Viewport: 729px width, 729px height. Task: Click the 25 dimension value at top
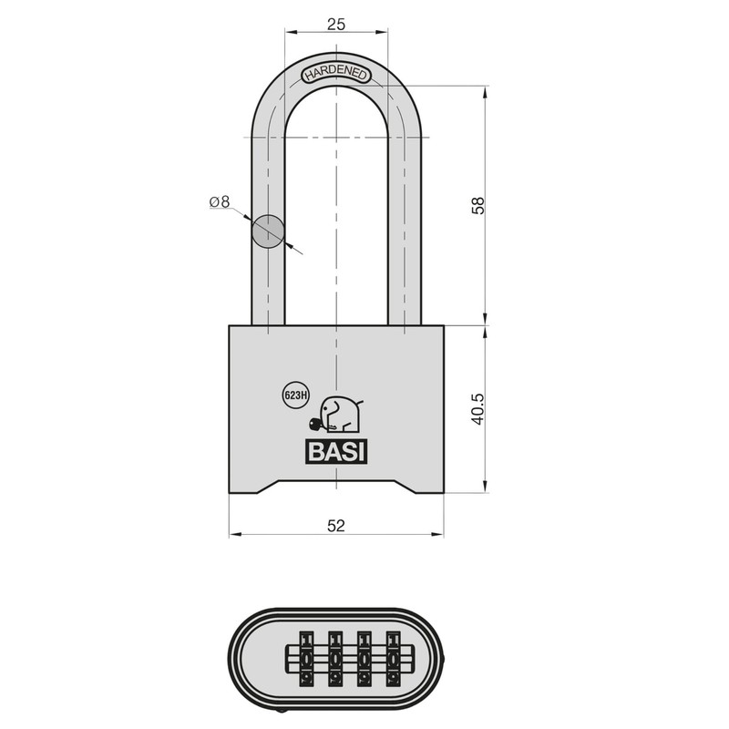click(335, 25)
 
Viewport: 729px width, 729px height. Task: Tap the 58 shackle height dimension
click(477, 205)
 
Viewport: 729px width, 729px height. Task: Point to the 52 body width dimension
click(336, 526)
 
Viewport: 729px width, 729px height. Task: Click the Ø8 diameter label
click(219, 201)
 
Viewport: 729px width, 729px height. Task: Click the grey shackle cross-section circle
click(268, 231)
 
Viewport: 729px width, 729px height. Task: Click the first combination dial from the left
click(305, 657)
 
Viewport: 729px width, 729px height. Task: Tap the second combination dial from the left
click(335, 657)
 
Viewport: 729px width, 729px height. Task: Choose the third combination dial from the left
click(365, 657)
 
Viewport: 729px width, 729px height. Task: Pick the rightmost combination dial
click(395, 657)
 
